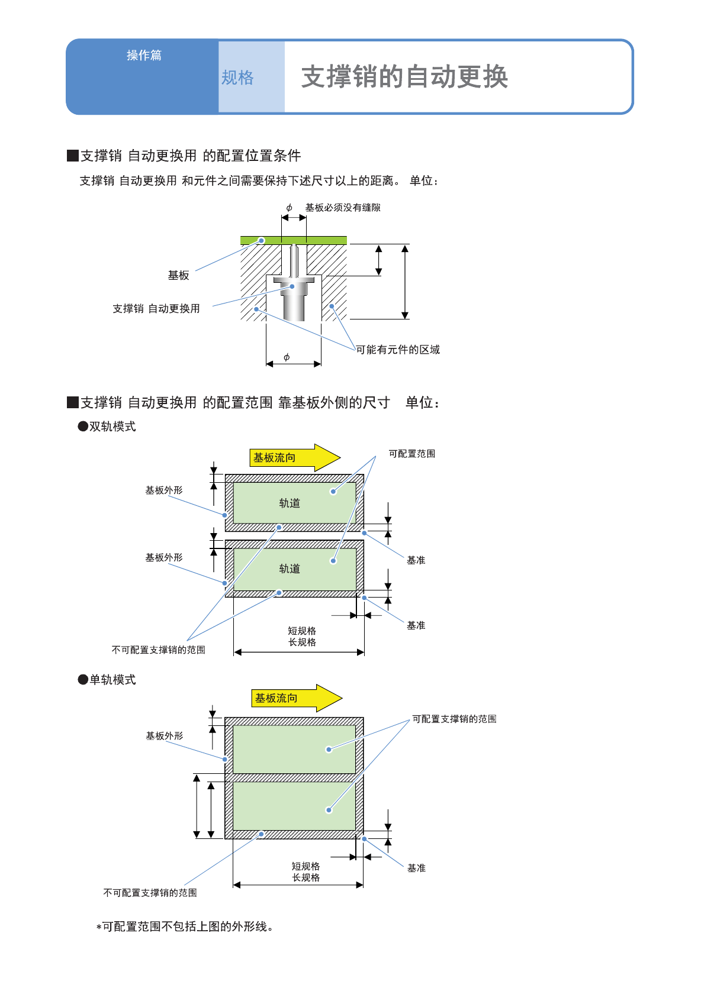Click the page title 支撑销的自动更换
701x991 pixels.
click(404, 77)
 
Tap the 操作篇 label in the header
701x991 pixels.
click(144, 56)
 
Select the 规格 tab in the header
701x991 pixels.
click(237, 78)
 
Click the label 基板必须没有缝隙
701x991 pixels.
click(343, 208)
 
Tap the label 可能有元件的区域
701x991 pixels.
click(398, 350)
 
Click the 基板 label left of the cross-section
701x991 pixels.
click(178, 275)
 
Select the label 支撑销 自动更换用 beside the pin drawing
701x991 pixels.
click(156, 308)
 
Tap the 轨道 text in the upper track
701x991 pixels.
click(290, 503)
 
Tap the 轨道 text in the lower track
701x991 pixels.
click(290, 569)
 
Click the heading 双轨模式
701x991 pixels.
click(112, 427)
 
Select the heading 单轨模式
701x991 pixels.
click(112, 680)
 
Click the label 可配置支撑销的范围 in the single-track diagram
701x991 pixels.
click(454, 719)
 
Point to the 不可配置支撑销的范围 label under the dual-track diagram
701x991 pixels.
click(158, 650)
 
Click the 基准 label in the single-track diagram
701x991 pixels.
click(416, 868)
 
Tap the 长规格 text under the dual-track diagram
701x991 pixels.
click(302, 643)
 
